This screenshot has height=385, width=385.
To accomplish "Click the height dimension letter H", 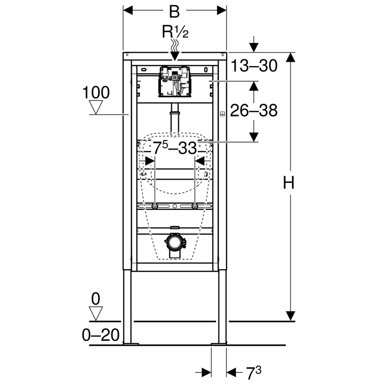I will [x=288, y=183].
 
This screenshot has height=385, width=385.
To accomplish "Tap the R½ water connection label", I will [x=175, y=32].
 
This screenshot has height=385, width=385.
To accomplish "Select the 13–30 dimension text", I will [x=254, y=66].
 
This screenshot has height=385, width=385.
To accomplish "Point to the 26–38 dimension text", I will [x=254, y=111].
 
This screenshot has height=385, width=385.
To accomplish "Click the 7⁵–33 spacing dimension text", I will [x=175, y=148].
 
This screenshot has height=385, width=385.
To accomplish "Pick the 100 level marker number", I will [x=96, y=93].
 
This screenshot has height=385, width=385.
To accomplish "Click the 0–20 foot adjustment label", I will [x=101, y=335].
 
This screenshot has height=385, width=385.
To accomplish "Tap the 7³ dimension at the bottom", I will [x=253, y=373].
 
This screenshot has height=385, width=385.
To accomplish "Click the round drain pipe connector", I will [x=175, y=242].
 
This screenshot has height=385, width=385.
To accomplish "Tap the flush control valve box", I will [x=175, y=82].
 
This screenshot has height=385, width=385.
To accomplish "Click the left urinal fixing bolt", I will [x=155, y=206].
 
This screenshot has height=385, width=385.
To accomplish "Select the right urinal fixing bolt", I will [x=195, y=206].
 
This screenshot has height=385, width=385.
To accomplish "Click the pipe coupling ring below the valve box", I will [x=175, y=113].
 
